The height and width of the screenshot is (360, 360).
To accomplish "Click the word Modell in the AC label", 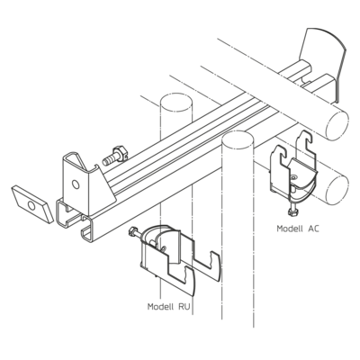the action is click(290, 229).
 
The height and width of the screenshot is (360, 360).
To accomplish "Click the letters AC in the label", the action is click(313, 229).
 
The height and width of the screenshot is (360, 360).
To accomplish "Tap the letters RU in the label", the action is click(184, 307).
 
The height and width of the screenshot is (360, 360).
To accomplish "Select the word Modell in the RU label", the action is click(160, 307).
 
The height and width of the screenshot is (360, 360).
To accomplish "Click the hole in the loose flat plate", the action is click(31, 205).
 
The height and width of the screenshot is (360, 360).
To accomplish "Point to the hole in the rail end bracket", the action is click(76, 184).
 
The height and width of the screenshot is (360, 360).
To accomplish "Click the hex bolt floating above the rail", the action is click(115, 156).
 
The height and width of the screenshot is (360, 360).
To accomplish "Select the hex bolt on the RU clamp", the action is click(136, 234).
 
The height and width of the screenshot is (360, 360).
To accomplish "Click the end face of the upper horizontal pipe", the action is click(337, 125).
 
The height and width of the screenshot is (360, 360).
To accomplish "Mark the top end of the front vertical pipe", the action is click(238, 139).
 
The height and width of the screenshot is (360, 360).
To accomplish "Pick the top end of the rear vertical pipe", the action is click(176, 102).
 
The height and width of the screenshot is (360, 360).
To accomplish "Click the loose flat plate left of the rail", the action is click(32, 204).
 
